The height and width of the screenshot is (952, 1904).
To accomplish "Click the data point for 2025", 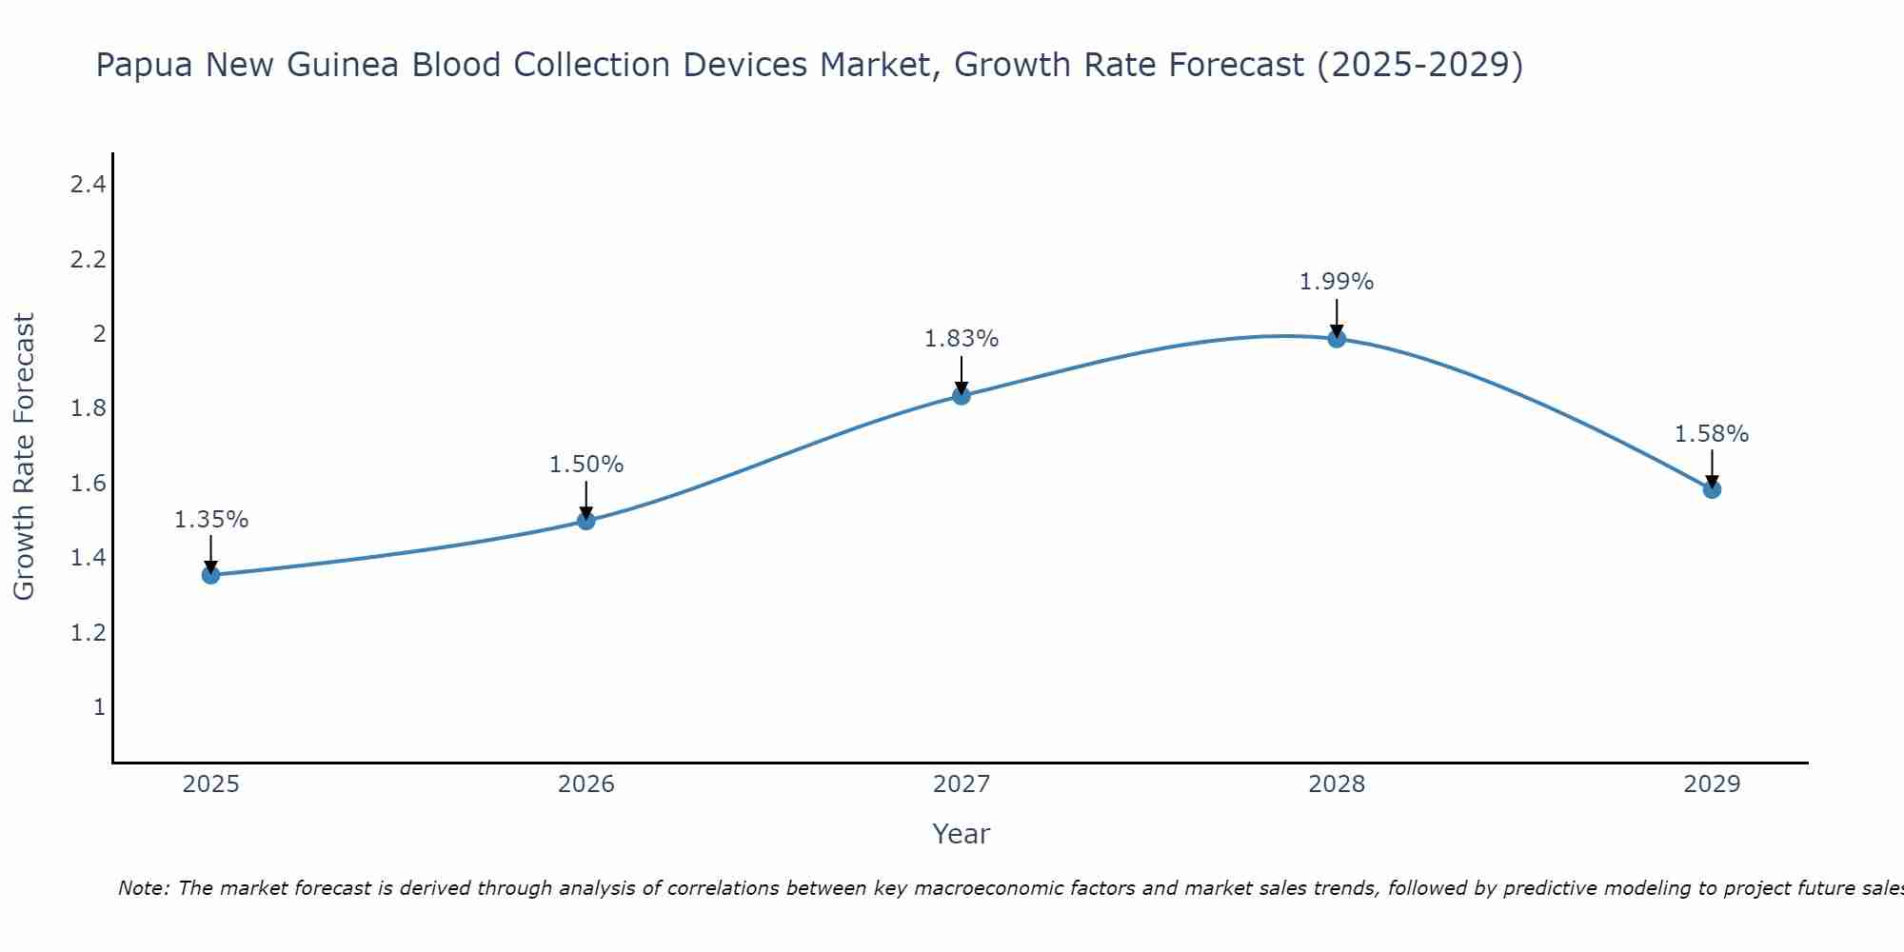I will pyautogui.click(x=211, y=575).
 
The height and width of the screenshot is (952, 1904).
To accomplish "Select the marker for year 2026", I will pyautogui.click(x=586, y=521).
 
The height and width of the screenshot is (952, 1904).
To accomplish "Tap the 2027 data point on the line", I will pyautogui.click(x=962, y=396).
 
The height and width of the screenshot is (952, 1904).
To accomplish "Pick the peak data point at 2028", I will pyautogui.click(x=1337, y=339).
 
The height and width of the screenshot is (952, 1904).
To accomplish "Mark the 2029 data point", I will pyautogui.click(x=1712, y=489).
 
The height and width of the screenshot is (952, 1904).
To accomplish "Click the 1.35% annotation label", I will pyautogui.click(x=211, y=520).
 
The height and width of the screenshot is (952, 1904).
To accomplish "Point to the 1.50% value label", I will pyautogui.click(x=586, y=465).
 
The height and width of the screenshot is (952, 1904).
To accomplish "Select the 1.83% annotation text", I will pyautogui.click(x=962, y=339).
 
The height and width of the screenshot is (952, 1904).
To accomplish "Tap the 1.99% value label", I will pyautogui.click(x=1337, y=282).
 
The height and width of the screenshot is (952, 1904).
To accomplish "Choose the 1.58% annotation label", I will pyautogui.click(x=1712, y=434).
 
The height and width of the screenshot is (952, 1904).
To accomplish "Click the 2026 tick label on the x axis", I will pyautogui.click(x=586, y=784).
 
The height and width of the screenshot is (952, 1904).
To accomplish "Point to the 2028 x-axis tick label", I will pyautogui.click(x=1337, y=784).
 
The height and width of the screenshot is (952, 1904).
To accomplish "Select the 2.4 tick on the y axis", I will pyautogui.click(x=88, y=185).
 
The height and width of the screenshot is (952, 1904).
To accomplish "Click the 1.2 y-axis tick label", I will pyautogui.click(x=88, y=633).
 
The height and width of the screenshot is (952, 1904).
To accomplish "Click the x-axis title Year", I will pyautogui.click(x=962, y=834).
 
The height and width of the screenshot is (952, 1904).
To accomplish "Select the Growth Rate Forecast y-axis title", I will pyautogui.click(x=25, y=457).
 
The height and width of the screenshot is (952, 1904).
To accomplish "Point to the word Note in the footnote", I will pyautogui.click(x=143, y=888).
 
